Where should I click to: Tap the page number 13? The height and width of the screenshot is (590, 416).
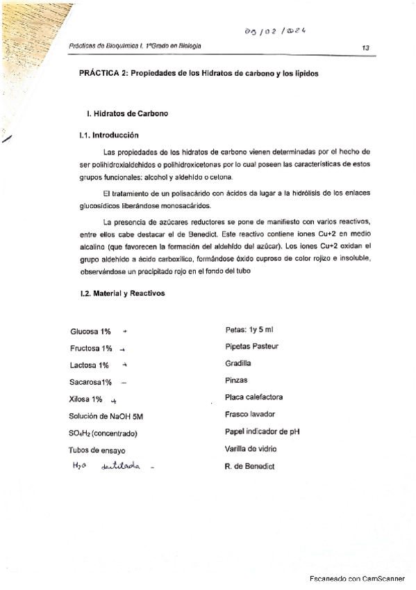tap(366, 47)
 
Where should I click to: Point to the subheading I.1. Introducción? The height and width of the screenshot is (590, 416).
tap(109, 135)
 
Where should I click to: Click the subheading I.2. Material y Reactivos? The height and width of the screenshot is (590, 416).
tap(123, 294)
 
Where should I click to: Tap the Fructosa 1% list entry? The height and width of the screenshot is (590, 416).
tap(92, 348)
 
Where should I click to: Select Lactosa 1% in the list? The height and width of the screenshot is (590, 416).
tap(90, 365)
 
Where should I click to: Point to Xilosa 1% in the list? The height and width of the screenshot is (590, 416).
tap(86, 399)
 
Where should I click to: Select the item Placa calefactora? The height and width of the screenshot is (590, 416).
tap(253, 398)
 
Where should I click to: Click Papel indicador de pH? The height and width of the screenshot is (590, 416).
tap(263, 431)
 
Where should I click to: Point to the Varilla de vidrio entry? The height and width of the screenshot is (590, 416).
tap(251, 449)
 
